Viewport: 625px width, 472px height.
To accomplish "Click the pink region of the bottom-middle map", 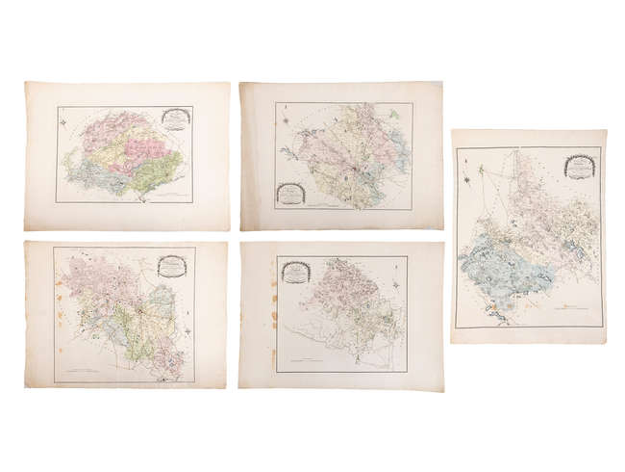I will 346,289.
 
